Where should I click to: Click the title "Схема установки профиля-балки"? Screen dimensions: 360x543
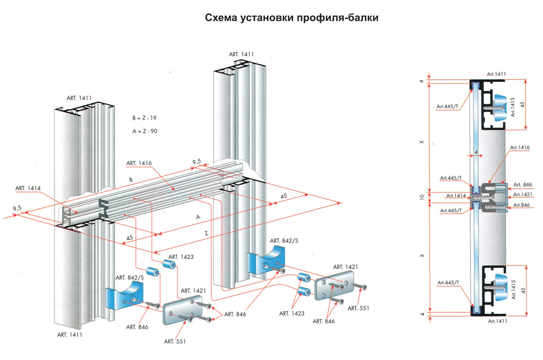pos(291,18)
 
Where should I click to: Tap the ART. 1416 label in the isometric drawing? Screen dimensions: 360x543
pos(138,162)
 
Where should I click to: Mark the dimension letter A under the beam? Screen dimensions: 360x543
pos(199,216)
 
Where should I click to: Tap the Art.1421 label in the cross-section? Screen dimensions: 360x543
pos(522,194)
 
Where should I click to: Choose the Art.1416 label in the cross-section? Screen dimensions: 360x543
pos(522,147)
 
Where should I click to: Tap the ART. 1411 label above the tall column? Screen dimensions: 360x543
pos(241,54)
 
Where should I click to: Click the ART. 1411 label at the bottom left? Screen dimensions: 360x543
pos(70,334)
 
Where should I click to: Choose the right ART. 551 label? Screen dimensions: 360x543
pos(359,308)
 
